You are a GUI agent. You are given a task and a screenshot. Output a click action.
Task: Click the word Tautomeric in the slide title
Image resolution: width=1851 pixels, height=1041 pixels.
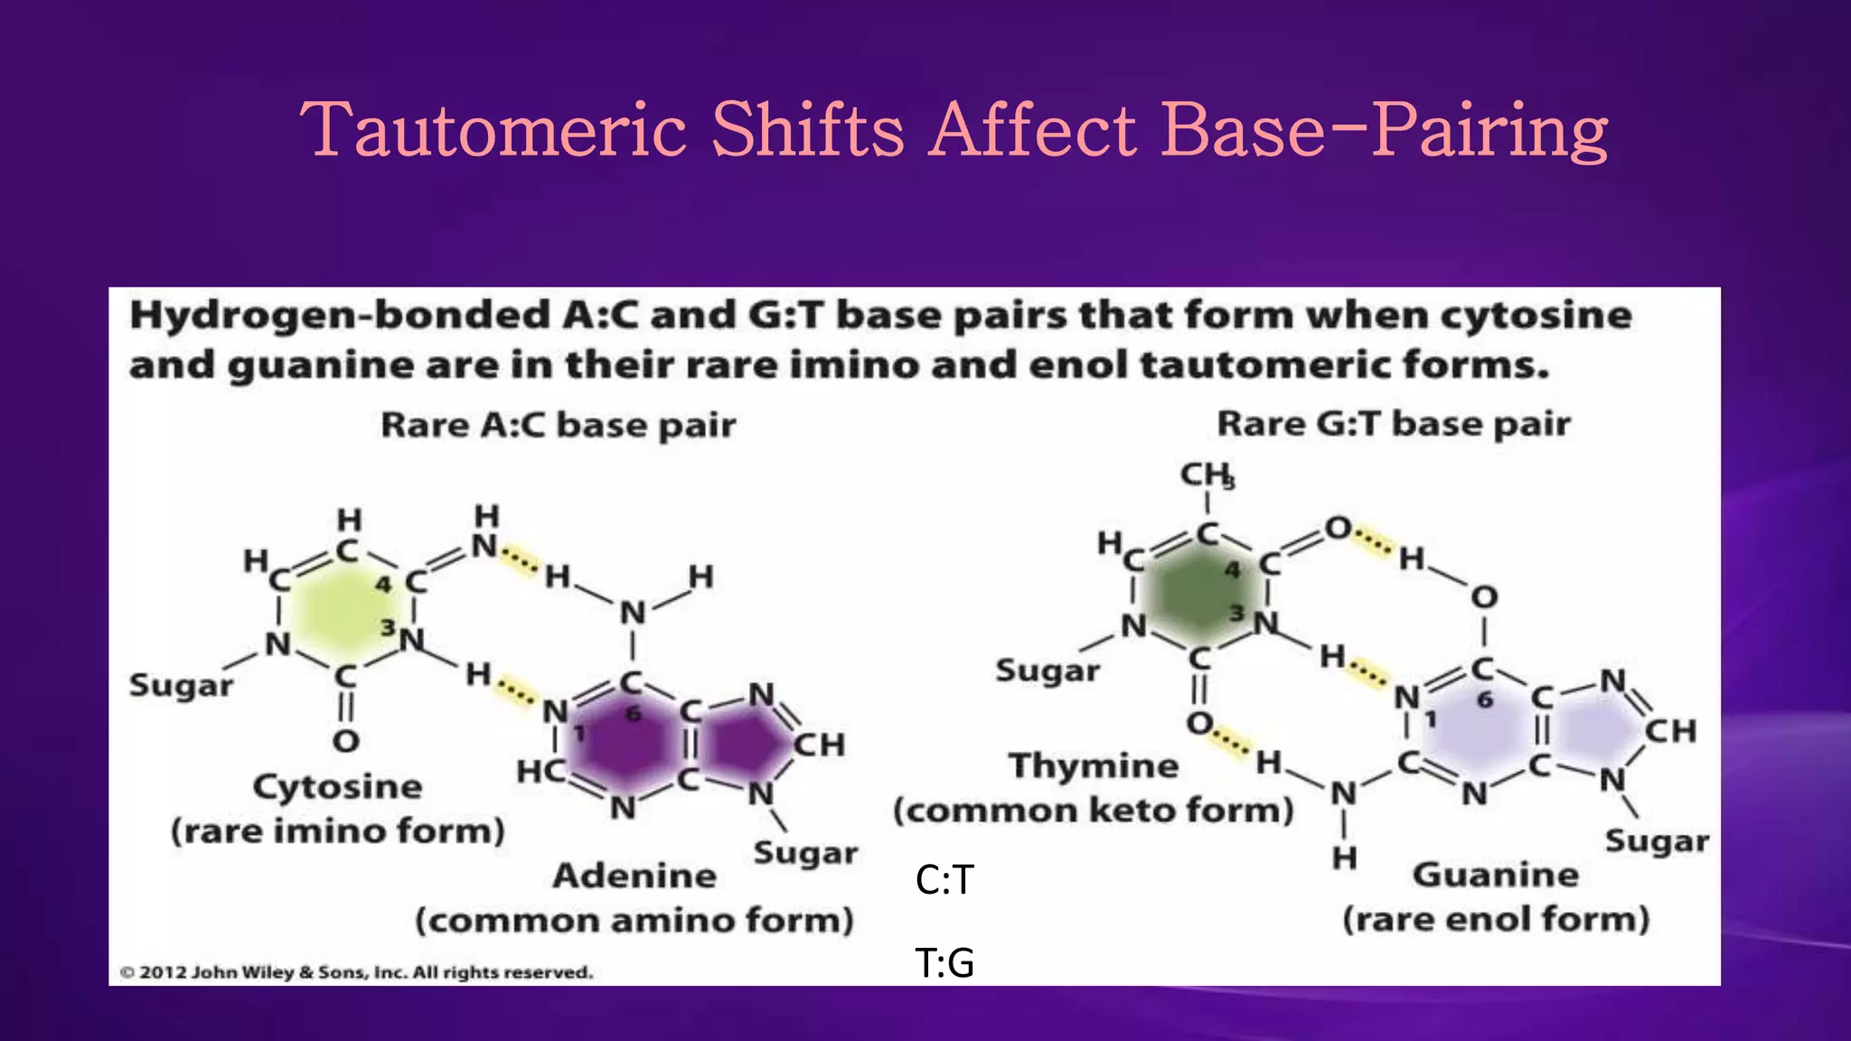tap(493, 131)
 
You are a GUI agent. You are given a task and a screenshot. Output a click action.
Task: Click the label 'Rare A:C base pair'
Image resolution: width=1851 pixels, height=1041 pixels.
tap(558, 425)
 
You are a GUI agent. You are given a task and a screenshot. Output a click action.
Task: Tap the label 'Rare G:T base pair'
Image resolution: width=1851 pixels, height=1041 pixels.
tap(1393, 423)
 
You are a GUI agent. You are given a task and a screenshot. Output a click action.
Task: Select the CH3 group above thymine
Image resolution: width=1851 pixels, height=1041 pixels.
tap(1207, 475)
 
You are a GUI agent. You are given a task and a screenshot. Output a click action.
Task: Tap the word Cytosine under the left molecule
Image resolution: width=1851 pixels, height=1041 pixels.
tap(337, 786)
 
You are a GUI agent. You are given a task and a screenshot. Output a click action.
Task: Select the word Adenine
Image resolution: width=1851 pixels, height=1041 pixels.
tap(634, 875)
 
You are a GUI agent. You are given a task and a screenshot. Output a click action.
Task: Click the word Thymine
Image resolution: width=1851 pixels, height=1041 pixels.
tap(1094, 765)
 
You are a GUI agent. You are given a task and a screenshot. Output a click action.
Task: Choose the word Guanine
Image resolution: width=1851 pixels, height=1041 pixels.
tap(1496, 874)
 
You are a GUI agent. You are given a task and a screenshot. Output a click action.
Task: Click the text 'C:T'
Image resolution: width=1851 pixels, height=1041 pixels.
tap(944, 879)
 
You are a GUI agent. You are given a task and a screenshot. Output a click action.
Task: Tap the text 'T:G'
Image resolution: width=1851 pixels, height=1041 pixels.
tap(944, 962)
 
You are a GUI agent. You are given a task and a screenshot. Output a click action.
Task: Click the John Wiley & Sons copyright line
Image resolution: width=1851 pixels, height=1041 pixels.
tap(356, 972)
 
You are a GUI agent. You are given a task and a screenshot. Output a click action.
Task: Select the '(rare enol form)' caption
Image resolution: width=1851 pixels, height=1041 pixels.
tap(1496, 919)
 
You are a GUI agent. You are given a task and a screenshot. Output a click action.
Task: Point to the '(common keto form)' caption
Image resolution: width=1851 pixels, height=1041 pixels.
tap(1094, 810)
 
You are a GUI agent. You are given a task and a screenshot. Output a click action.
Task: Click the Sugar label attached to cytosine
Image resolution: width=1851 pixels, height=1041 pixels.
tap(181, 685)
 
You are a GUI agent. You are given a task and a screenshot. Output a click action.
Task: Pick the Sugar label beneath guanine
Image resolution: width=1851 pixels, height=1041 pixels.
tap(1656, 840)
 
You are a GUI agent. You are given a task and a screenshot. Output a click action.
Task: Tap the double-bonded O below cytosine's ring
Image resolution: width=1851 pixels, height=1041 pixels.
tap(345, 741)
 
